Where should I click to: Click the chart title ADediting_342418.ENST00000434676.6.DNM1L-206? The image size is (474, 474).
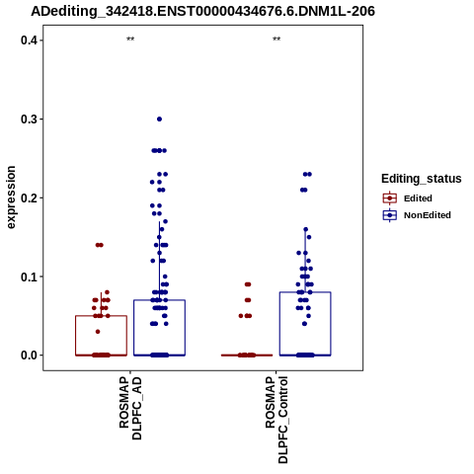[202, 12]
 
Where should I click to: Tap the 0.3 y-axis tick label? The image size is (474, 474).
[29, 119]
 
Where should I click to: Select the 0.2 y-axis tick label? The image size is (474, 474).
[29, 197]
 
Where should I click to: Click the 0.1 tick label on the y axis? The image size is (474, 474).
[29, 276]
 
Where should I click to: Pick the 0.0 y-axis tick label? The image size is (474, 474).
[29, 355]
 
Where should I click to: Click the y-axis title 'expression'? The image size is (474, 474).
[11, 197]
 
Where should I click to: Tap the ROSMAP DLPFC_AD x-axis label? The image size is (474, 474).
[130, 409]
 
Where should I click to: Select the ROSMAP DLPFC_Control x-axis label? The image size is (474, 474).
[276, 420]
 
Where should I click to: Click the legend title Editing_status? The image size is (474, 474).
[422, 179]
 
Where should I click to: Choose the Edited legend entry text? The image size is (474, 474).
[418, 198]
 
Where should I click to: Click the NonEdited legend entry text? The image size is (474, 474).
[428, 215]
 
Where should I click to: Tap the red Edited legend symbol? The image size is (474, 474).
[390, 198]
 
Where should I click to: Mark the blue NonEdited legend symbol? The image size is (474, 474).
[390, 215]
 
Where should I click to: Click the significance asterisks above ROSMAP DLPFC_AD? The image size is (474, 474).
[130, 39]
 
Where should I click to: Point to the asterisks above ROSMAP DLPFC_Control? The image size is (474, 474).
[276, 39]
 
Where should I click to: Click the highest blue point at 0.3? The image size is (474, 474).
[159, 119]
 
